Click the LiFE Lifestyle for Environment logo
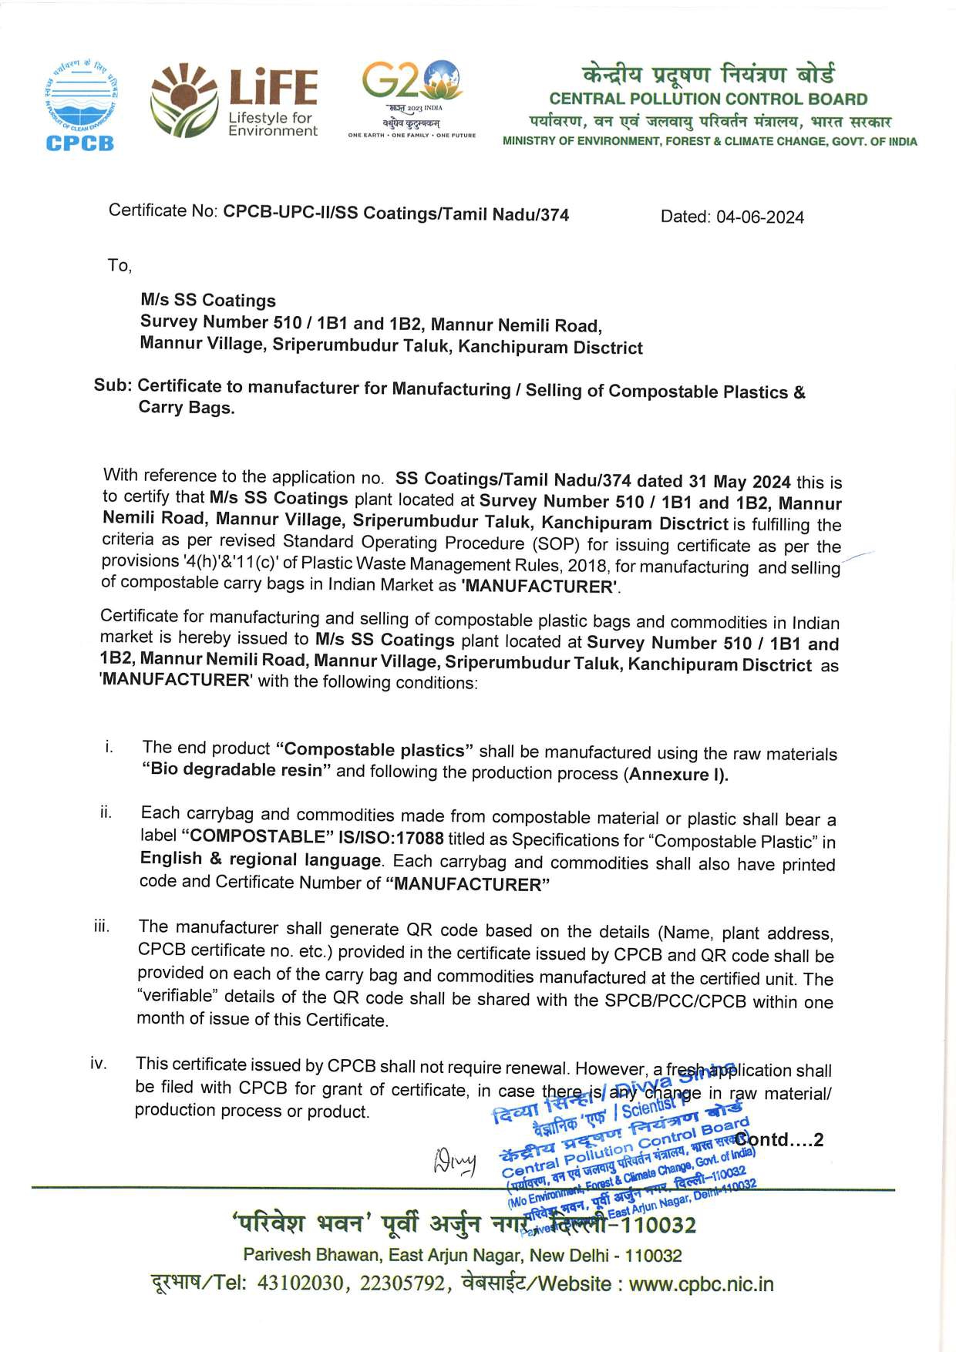point(234,101)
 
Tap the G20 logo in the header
point(412,99)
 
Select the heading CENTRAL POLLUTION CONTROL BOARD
point(708,99)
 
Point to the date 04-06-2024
point(759,217)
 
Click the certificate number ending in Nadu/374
point(396,213)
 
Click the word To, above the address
point(119,266)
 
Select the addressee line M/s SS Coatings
point(207,301)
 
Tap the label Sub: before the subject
point(113,385)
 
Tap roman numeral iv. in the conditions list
point(98,1064)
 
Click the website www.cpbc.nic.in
point(700,1284)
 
